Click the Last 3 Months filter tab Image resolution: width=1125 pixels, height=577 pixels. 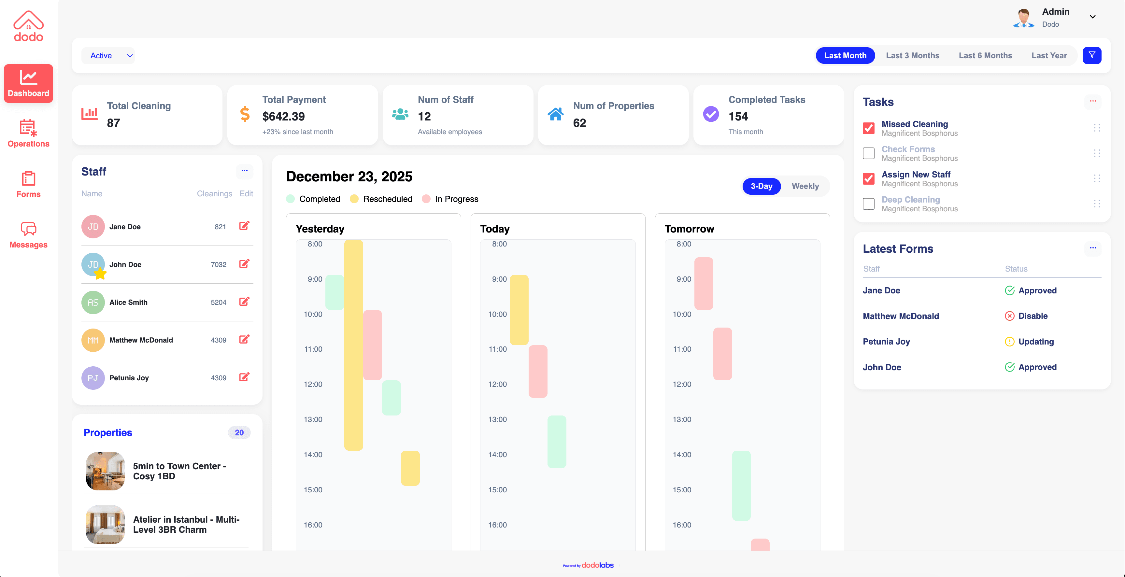[912, 55]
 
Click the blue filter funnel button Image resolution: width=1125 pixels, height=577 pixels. [1091, 55]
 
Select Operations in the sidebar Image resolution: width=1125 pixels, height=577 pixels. [28, 133]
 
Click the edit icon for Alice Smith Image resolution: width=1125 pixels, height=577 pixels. [244, 302]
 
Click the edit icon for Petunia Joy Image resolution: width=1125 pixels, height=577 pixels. [244, 377]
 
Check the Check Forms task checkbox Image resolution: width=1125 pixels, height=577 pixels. [868, 153]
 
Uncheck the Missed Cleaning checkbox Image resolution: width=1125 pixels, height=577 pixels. [868, 128]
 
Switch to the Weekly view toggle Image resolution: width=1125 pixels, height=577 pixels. [805, 186]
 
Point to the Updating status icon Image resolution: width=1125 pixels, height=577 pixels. [1009, 342]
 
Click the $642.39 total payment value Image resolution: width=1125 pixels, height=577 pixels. [283, 117]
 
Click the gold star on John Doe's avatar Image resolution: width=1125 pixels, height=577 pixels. [100, 274]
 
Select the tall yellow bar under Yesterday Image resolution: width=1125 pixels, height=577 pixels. [353, 345]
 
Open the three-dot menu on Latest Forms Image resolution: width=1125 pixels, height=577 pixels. [1093, 248]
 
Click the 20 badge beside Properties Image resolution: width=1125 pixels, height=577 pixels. [239, 432]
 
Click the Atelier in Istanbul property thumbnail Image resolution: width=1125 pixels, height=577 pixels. [105, 525]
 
